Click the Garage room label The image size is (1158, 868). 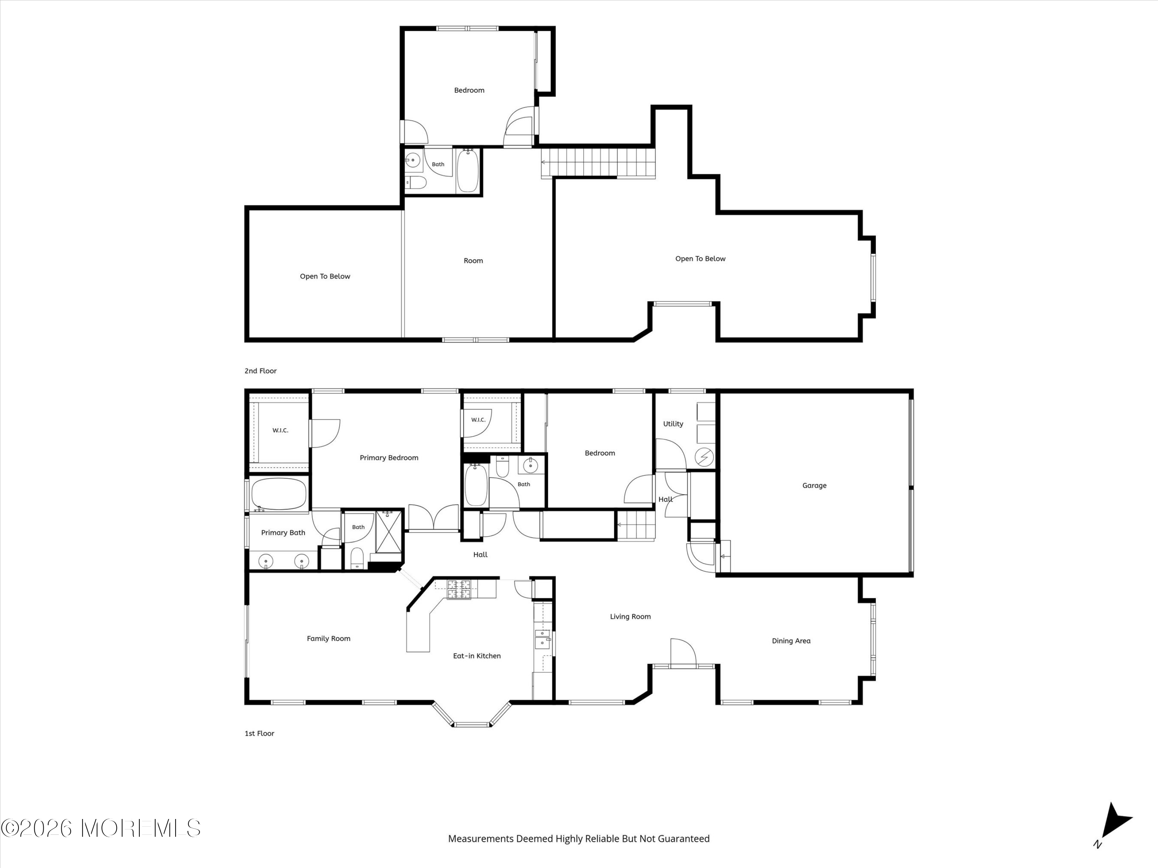[814, 486]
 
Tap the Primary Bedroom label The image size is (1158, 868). [389, 458]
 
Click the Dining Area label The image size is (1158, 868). [791, 641]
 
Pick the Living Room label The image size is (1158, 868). [630, 616]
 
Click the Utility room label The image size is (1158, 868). [673, 424]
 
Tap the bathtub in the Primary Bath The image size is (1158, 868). [279, 494]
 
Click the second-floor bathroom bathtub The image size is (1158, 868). [467, 171]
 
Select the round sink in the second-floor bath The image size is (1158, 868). [413, 160]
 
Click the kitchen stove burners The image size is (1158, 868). [459, 589]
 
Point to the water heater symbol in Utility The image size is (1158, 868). [704, 457]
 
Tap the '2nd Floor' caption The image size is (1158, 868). [261, 371]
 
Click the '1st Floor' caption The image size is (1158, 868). [260, 733]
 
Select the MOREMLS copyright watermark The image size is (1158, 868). [100, 828]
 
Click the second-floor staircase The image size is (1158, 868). [598, 163]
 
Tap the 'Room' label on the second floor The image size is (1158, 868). [473, 260]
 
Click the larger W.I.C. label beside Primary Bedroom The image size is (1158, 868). [280, 431]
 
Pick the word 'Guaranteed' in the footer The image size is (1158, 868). [684, 839]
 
